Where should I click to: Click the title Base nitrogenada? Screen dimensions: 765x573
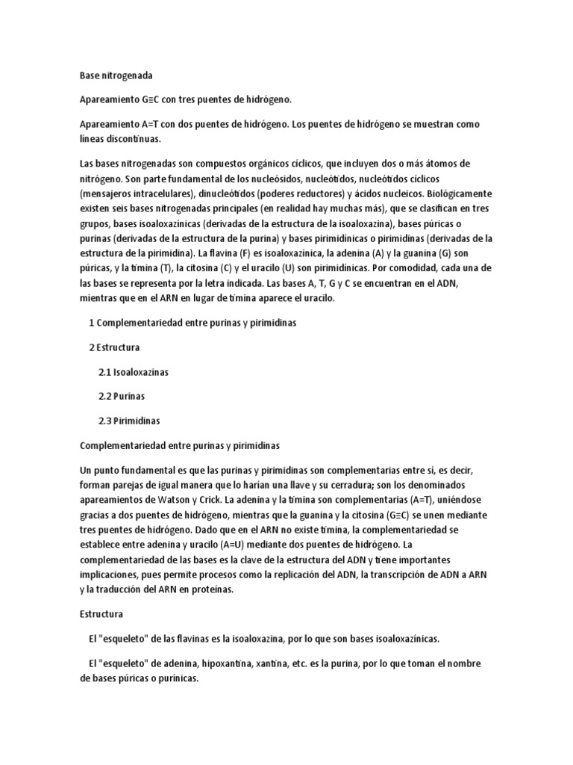(x=116, y=76)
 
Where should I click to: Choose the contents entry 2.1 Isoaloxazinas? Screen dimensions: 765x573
(x=138, y=371)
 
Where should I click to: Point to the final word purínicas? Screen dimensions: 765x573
(x=174, y=678)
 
